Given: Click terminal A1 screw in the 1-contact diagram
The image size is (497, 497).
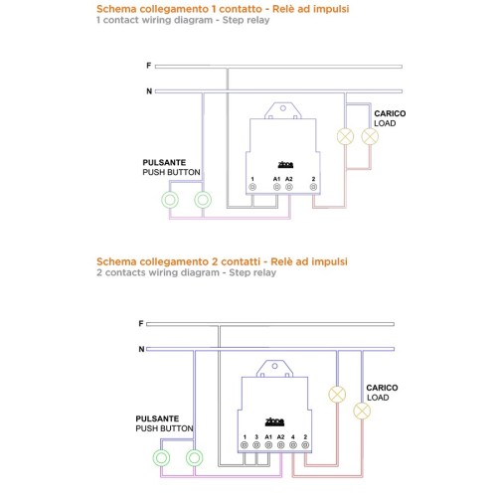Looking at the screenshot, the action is click(276, 187).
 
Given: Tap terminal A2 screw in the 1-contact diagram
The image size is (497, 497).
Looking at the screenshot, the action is click(289, 187).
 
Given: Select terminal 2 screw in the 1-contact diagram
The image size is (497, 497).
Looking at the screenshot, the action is click(313, 187).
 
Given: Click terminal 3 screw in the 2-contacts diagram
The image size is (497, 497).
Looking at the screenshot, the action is click(256, 445).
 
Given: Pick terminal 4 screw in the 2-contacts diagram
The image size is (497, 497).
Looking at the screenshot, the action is click(293, 445).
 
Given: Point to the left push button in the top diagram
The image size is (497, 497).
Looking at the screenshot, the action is click(170, 200).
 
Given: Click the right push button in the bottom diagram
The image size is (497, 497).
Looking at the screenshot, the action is click(194, 458).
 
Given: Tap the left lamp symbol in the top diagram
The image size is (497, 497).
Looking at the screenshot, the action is click(345, 136).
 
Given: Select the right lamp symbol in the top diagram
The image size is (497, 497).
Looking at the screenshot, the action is click(370, 136).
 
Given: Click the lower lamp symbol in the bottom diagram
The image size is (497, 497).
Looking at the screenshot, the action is click(362, 411).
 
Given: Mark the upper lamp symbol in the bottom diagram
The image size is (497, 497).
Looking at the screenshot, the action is click(337, 395).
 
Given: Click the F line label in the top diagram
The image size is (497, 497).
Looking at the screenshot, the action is click(149, 66).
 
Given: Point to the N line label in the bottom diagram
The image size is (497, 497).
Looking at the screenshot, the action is click(141, 349).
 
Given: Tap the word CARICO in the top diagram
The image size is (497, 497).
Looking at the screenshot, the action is click(390, 113).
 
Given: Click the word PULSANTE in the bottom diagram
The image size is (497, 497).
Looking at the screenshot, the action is click(157, 418).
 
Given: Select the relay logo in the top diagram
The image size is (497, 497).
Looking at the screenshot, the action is click(285, 164).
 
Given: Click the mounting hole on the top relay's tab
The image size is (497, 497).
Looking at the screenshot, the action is click(283, 108).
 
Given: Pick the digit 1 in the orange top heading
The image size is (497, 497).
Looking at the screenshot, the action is click(214, 9).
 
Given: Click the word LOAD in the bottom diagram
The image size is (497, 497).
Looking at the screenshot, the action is click(378, 398).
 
